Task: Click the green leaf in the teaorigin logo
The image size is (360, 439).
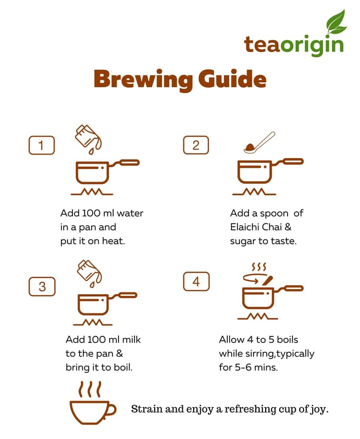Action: pos(336,21)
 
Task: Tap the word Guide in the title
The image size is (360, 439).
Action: pos(232,78)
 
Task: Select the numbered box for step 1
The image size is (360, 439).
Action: pos(41,145)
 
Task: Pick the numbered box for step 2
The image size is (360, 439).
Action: pos(196,145)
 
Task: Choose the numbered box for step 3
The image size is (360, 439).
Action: pos(42,286)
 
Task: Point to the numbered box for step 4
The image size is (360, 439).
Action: pos(196,282)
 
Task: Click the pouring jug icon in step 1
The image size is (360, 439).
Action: pos(88,139)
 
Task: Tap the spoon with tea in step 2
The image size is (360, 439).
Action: pos(259,143)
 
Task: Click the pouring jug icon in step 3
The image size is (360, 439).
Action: pos(89,273)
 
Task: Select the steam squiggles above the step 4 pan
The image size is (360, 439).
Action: pos(259,267)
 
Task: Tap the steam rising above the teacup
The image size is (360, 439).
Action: pos(89,389)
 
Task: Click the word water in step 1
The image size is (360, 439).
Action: pos(130,213)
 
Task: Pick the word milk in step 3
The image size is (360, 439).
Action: pos(132,340)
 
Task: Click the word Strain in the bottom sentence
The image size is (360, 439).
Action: pos(147,409)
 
